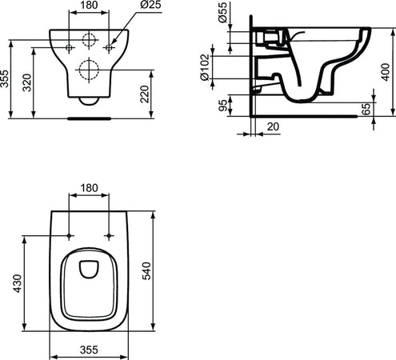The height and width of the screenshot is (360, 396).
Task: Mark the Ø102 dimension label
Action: [x=203, y=70]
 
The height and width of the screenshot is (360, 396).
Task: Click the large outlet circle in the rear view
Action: [x=89, y=70]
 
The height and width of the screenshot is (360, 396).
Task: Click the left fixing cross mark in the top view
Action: [x=70, y=236]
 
